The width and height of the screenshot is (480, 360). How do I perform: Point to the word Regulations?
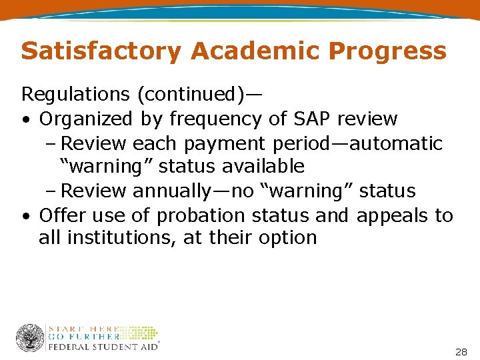pos(75,95)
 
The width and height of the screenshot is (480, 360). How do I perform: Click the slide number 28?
pos(461,351)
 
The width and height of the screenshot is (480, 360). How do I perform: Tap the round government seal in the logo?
pos(30,338)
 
